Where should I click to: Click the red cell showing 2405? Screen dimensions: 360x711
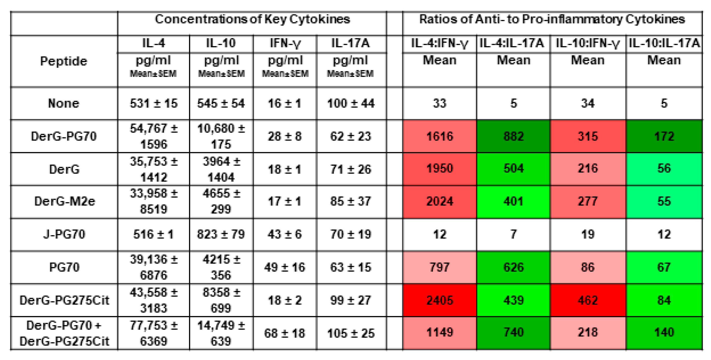[x=439, y=300]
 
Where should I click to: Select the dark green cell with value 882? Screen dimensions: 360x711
[x=513, y=136]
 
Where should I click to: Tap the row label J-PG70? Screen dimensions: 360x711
[x=64, y=234]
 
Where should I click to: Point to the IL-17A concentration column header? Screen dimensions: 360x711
[x=350, y=43]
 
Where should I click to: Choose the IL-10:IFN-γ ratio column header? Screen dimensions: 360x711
[x=588, y=43]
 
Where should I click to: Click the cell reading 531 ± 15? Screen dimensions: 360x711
[x=154, y=103]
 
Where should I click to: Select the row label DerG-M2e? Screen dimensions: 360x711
[x=65, y=201]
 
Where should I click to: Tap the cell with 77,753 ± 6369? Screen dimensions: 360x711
[x=154, y=333]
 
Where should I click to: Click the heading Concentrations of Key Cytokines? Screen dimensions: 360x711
[x=252, y=19]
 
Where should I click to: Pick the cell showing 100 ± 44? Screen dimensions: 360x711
[x=351, y=103]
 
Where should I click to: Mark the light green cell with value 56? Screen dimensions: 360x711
[x=664, y=168]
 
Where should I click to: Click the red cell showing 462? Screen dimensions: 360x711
[x=588, y=300]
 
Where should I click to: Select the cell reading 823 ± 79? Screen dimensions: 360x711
[x=221, y=234]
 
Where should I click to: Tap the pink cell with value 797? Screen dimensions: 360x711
[x=439, y=267]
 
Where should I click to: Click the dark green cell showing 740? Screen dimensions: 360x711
[x=513, y=333]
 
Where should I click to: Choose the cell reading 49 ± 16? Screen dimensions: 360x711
[x=284, y=267]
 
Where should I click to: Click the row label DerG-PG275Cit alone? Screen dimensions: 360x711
[x=64, y=300]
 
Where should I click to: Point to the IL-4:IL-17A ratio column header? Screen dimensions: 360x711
[x=512, y=43]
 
